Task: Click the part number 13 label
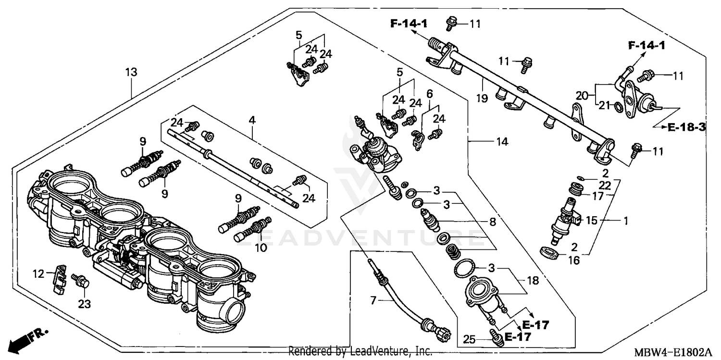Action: (131, 72)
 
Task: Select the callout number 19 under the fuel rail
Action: (482, 99)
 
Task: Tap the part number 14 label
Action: (502, 142)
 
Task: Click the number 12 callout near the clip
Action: (38, 274)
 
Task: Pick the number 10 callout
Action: (260, 248)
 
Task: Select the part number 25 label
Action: (469, 340)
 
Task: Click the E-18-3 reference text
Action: (686, 127)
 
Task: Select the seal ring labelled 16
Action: (550, 252)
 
